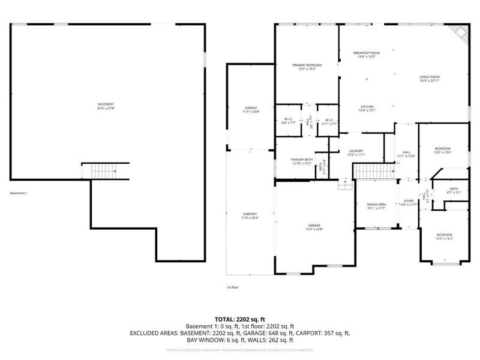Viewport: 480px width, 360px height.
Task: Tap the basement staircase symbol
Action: coord(106,171)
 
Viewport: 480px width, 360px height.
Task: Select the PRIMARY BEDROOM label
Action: coord(307,67)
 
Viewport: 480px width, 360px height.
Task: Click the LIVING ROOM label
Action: coord(430,79)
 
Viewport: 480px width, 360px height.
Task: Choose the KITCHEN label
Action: coord(367,108)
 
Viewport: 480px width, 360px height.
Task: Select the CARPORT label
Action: coord(250,216)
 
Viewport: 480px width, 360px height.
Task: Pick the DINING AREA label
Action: coord(377,206)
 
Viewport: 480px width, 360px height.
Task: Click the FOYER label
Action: coord(409,203)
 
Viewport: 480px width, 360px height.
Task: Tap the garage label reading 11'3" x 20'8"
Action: coord(250,110)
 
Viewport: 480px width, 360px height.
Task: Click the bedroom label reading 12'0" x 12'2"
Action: coord(444,236)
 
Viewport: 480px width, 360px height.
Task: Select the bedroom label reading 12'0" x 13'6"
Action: coord(443,150)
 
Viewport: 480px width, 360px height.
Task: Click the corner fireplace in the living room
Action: coord(459,35)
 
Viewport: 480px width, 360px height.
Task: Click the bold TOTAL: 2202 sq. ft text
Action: coord(239,319)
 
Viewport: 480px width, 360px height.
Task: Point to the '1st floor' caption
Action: coord(232,287)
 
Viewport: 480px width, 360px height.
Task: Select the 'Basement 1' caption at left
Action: coord(19,193)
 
